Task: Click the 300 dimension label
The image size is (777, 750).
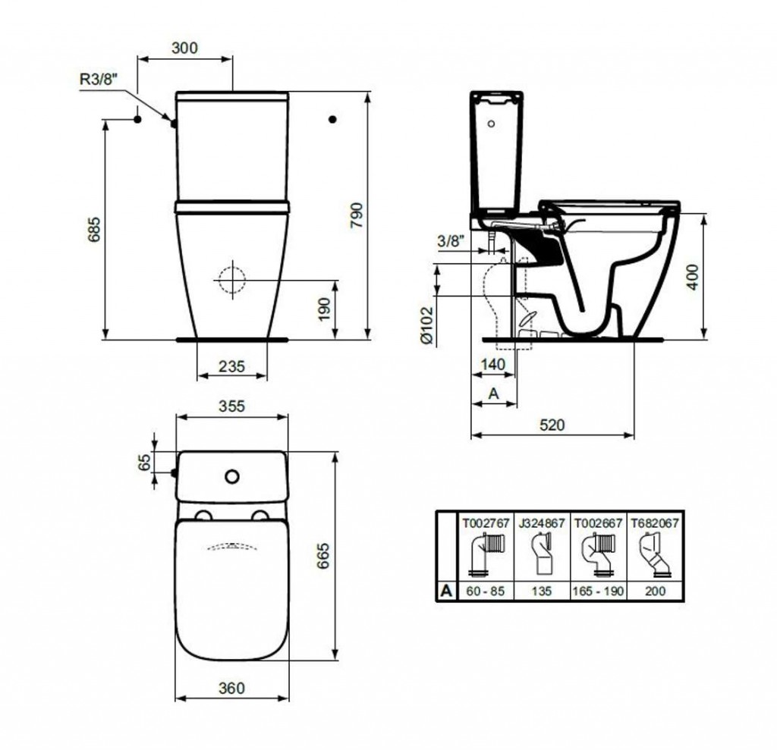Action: click(x=184, y=48)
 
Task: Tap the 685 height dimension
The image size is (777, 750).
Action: click(x=93, y=229)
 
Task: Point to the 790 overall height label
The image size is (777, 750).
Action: click(x=357, y=215)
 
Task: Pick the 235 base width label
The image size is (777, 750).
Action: click(x=232, y=366)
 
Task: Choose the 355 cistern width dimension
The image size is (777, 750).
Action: click(x=232, y=406)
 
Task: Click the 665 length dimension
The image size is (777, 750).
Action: click(x=322, y=555)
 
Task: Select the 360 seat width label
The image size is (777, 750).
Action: click(x=232, y=688)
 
